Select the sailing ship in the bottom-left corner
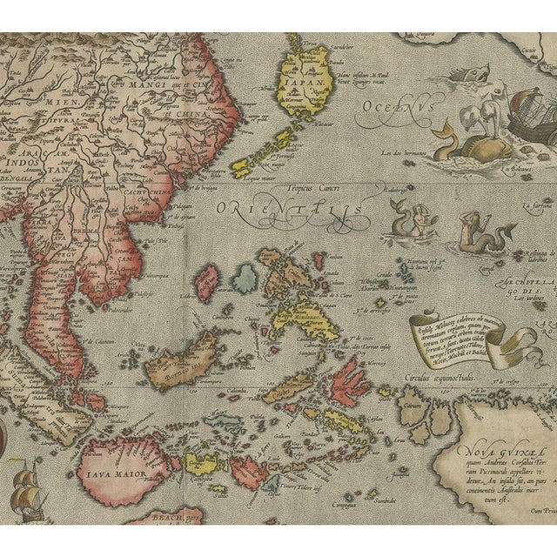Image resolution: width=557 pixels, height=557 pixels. pos(28,493)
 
